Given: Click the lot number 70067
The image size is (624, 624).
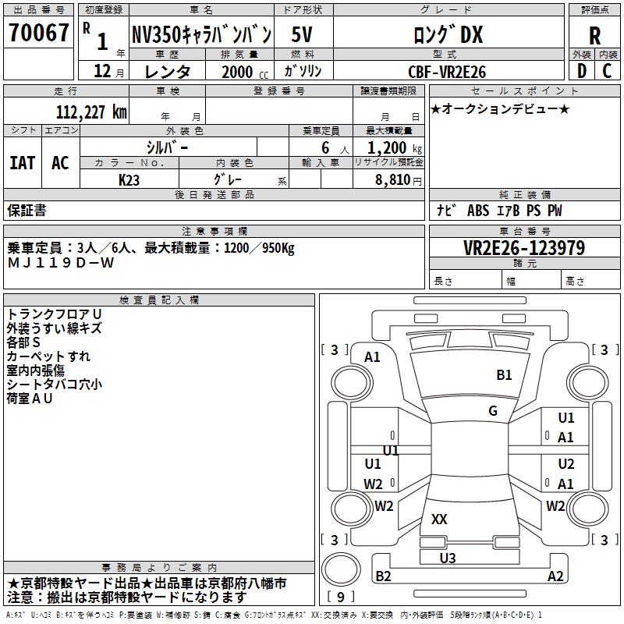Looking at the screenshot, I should [x=38, y=34].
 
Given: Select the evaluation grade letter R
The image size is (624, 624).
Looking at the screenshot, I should [x=594, y=34].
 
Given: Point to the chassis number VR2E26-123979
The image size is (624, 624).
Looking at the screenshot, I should [x=524, y=248].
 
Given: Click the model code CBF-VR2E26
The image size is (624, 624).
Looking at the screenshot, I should [x=447, y=72].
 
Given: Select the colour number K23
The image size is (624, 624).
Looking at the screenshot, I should [x=129, y=179].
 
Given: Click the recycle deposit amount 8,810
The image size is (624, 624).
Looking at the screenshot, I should [x=388, y=179].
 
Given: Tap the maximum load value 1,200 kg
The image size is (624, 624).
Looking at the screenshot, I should [x=389, y=148].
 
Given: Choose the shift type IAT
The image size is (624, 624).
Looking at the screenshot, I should [x=22, y=162].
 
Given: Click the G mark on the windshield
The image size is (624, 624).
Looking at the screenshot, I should [x=493, y=411].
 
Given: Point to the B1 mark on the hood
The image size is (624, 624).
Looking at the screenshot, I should [x=505, y=375].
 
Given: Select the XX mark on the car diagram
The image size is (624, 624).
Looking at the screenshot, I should [x=439, y=519].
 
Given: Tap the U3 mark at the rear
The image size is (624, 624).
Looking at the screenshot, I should [x=448, y=558].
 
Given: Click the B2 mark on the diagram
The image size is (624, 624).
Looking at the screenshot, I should [x=384, y=576].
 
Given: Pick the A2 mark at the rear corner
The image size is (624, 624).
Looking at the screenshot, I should [x=555, y=576].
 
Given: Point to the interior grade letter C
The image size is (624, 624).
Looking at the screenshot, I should [x=607, y=71].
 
